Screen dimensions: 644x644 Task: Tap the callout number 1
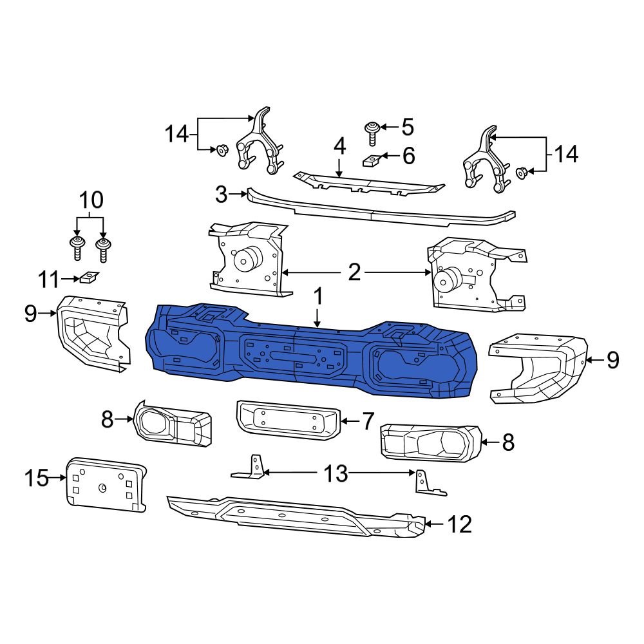(x=317, y=298)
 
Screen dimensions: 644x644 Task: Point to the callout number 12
(x=460, y=524)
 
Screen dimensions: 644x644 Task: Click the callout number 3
(x=221, y=194)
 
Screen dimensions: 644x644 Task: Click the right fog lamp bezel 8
(x=428, y=443)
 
